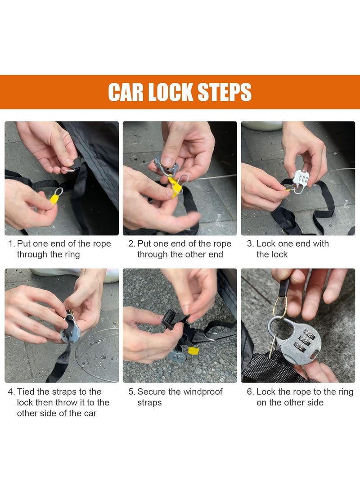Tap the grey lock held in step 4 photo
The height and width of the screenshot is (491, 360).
[x=70, y=329]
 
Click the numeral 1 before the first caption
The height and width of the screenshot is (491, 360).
[x=10, y=243]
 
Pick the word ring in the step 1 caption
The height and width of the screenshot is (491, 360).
[x=72, y=255]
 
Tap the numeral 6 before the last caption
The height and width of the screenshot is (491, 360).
[x=249, y=392]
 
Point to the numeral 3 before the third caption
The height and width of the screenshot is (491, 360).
[x=249, y=243]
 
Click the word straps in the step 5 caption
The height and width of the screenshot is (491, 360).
[x=149, y=403]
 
